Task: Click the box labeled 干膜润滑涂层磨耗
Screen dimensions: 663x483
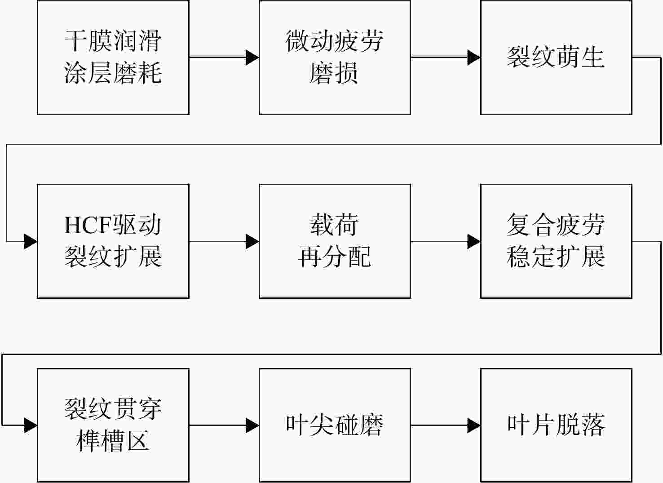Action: click(113, 57)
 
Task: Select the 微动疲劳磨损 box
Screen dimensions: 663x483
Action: click(335, 57)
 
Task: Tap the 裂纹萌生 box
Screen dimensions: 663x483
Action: click(556, 57)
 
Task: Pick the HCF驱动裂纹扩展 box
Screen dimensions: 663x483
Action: click(113, 241)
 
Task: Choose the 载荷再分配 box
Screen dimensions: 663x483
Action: click(335, 241)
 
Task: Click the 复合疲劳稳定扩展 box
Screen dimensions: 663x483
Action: click(556, 241)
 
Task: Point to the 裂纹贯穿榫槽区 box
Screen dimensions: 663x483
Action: click(113, 425)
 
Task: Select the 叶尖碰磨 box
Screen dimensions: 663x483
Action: click(335, 425)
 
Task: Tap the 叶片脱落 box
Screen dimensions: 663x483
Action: click(556, 425)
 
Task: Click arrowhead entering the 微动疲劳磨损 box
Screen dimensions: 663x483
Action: click(252, 57)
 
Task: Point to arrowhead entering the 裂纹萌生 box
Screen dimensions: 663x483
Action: click(474, 57)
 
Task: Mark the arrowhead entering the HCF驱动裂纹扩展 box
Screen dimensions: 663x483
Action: click(31, 241)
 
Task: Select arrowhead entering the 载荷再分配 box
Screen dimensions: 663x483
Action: click(252, 241)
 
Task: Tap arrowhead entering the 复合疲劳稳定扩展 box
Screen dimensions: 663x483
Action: click(474, 241)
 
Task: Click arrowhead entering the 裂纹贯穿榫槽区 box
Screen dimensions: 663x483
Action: click(31, 425)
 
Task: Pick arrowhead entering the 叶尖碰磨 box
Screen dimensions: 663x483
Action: click(252, 425)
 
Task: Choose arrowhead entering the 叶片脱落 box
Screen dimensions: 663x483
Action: click(474, 425)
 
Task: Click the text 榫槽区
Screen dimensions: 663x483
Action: click(113, 441)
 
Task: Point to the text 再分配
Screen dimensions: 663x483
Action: click(335, 257)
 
